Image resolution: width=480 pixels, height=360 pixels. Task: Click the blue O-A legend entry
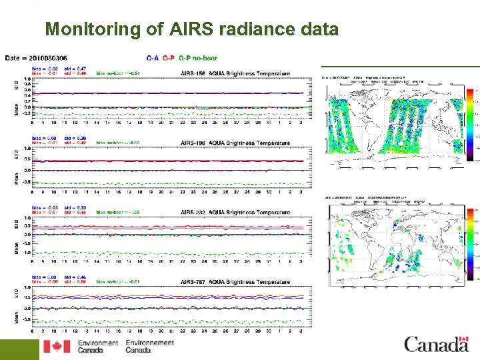click(x=153, y=58)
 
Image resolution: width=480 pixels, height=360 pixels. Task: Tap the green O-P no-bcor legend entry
click(x=198, y=58)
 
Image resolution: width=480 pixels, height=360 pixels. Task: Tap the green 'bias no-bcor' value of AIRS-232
click(x=117, y=213)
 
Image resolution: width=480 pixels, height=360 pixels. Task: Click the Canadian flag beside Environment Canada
click(x=57, y=347)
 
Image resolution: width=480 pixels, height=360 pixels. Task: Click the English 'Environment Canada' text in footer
click(x=97, y=347)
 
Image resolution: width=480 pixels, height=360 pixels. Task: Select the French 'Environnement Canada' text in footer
click(x=149, y=347)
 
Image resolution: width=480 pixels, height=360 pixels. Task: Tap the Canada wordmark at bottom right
click(x=436, y=345)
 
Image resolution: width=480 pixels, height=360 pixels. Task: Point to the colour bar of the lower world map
click(x=471, y=244)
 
